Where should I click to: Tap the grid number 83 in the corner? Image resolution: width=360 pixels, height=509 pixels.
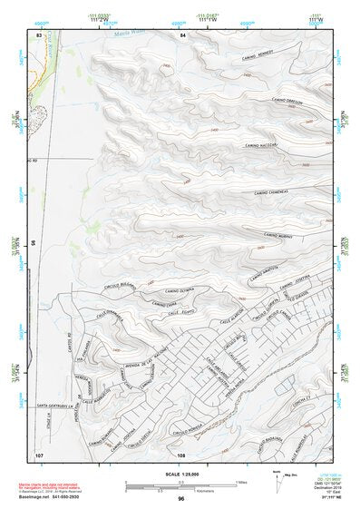[39, 34]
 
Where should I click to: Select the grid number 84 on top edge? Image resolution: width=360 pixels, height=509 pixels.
[181, 34]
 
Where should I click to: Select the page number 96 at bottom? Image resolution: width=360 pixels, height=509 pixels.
[180, 498]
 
